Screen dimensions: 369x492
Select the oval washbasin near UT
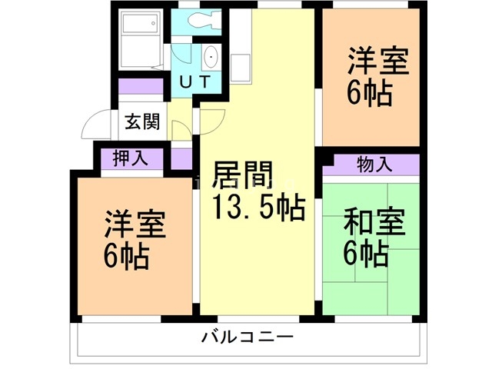pyautogui.click(x=210, y=58)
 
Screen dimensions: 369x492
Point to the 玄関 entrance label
pyautogui.click(x=142, y=121)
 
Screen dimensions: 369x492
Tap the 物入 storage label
pyautogui.click(x=375, y=163)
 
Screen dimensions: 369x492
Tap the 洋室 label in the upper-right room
pyautogui.click(x=376, y=61)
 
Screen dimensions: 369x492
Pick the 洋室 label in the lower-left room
pyautogui.click(x=132, y=224)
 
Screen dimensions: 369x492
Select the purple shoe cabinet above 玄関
pyautogui.click(x=141, y=86)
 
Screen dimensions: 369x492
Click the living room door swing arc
pyautogui.click(x=211, y=119)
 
